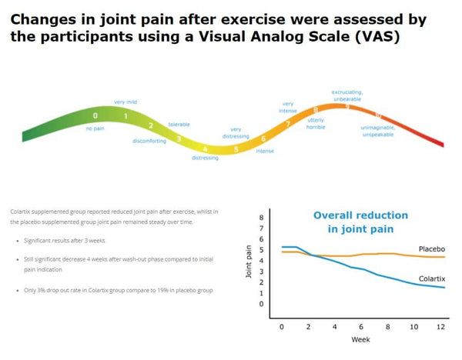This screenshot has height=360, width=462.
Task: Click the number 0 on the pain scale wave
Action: point(95,116)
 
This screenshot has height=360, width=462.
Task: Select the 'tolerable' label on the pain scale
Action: point(179,123)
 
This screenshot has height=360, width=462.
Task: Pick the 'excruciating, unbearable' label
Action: point(347,95)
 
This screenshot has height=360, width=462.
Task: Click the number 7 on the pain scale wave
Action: point(288,123)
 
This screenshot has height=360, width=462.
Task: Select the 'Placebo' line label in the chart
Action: point(432,248)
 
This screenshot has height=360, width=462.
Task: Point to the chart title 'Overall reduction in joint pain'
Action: point(360,222)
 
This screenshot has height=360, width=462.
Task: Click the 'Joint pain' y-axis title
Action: point(249,261)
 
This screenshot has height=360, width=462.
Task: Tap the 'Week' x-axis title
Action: point(360,339)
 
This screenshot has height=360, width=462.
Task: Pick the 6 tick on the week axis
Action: point(360,327)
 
